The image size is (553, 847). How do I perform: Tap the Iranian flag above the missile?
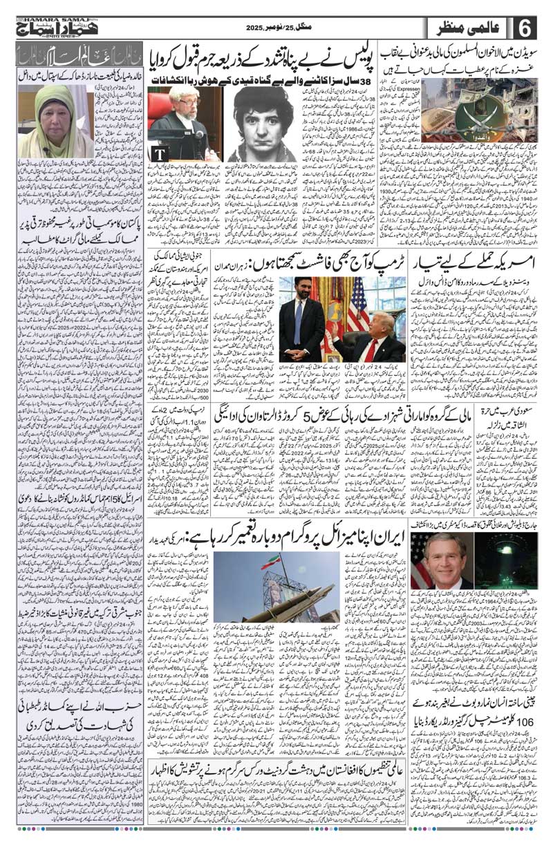pos(271,562)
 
